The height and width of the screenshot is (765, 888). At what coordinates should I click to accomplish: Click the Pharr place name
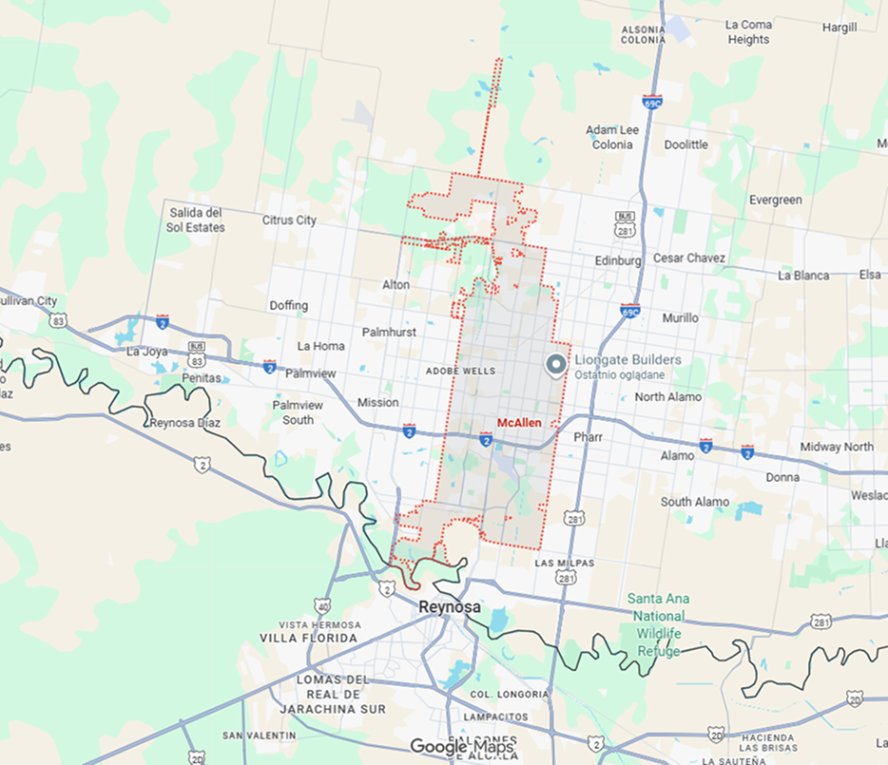tap(589, 437)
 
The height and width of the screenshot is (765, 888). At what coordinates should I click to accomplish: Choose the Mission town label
tap(377, 402)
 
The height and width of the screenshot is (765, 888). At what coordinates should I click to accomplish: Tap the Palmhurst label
tap(390, 332)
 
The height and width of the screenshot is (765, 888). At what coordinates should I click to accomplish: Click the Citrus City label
tap(289, 220)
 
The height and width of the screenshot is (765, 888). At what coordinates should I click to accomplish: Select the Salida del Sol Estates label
tap(195, 220)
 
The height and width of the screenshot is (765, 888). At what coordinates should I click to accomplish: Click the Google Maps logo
tap(462, 747)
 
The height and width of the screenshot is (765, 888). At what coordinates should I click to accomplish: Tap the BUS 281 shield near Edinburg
tap(625, 223)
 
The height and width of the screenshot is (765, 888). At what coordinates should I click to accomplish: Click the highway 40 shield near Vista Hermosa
tap(322, 605)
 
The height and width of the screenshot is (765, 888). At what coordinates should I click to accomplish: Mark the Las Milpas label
tap(564, 563)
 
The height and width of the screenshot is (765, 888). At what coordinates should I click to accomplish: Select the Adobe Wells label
tap(460, 371)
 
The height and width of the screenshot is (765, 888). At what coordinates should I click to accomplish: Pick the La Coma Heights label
tap(748, 32)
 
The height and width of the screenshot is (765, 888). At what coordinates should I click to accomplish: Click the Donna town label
tap(782, 477)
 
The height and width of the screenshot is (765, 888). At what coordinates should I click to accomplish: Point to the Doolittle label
tap(685, 144)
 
